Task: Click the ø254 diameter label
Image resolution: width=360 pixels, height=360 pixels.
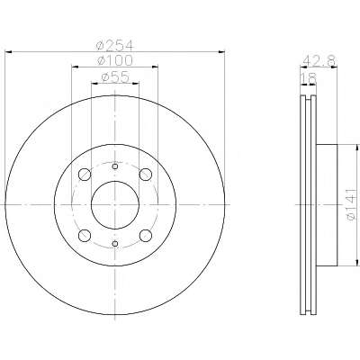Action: coord(114,46)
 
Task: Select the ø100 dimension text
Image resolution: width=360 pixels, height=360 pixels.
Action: coord(115,61)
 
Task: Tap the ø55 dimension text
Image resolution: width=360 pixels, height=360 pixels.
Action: coord(115,77)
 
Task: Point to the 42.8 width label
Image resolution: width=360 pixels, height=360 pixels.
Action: coord(319,61)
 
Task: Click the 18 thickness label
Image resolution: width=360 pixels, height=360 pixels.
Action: coord(309,78)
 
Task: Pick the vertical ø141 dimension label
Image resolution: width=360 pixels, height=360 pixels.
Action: coord(352,205)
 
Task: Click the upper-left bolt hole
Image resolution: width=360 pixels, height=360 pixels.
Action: coord(85,175)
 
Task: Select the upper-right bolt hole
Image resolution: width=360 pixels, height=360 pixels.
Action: coord(146,175)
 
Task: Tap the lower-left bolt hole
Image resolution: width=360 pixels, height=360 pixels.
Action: coord(85,236)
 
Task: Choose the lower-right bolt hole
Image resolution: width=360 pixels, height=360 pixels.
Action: coord(146,236)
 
